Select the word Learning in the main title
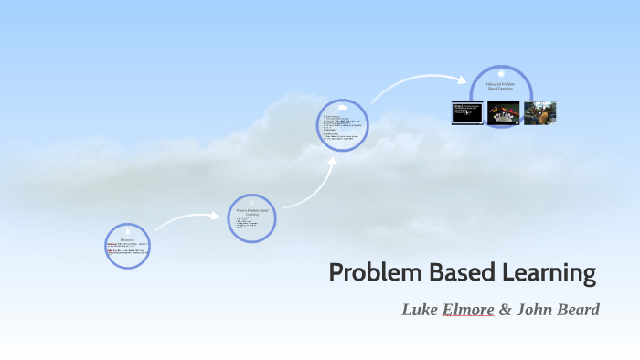(543, 272)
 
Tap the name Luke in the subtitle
(420, 310)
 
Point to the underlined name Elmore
(468, 310)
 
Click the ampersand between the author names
(505, 310)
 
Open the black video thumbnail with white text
(466, 112)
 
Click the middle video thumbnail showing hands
(503, 112)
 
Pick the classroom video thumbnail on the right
(539, 112)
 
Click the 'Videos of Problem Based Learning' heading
(501, 87)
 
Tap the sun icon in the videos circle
(501, 73)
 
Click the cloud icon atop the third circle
(343, 107)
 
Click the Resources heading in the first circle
(127, 239)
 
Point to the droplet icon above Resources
(127, 228)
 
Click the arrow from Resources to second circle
(187, 218)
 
